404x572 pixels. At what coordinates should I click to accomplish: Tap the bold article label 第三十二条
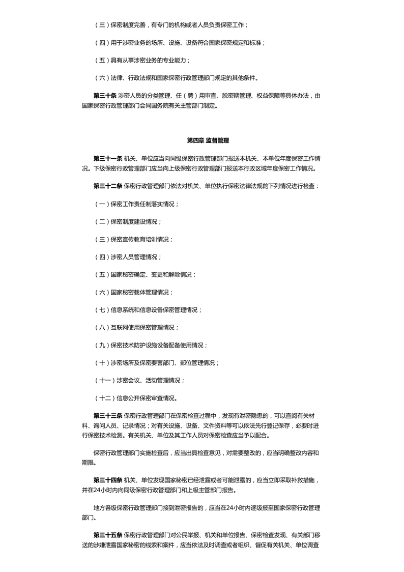[107, 186]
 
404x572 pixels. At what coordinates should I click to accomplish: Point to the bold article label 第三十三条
[107, 415]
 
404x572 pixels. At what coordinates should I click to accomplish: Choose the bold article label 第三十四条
[107, 480]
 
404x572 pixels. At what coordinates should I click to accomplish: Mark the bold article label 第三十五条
[107, 535]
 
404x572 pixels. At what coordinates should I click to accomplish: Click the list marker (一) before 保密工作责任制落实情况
[102, 204]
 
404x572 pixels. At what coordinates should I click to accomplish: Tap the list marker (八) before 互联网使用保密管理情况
[102, 327]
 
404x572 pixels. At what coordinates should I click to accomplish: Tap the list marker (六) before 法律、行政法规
[102, 78]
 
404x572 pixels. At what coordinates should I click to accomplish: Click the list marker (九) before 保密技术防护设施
[102, 345]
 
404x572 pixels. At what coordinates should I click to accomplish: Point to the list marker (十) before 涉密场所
[102, 362]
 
